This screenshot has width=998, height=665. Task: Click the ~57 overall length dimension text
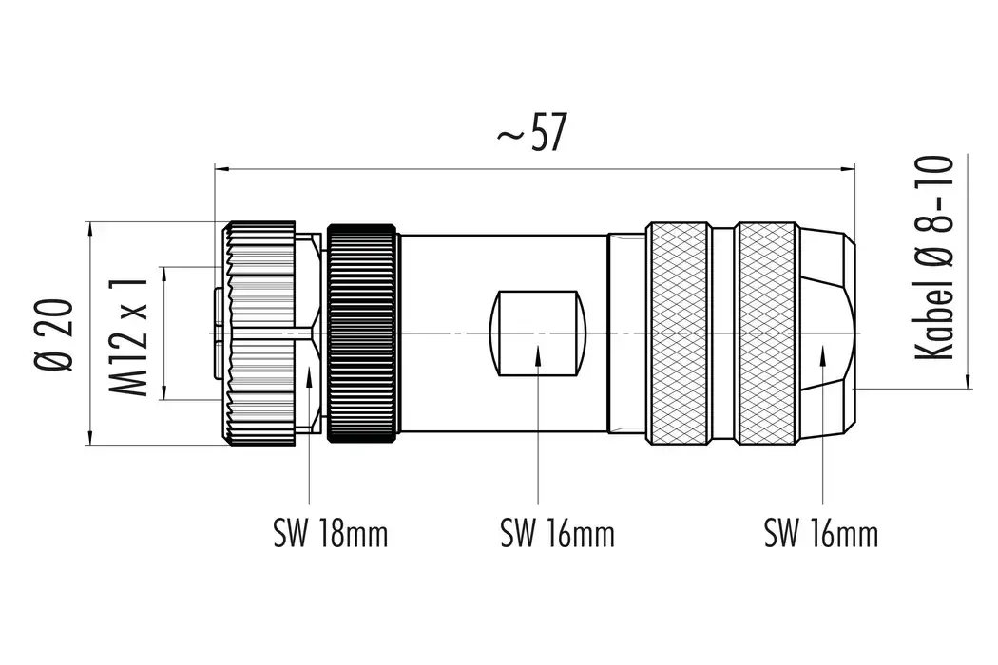pyautogui.click(x=531, y=136)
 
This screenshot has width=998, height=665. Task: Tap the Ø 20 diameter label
pyautogui.click(x=55, y=333)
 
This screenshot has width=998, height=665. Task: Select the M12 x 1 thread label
pyautogui.click(x=129, y=333)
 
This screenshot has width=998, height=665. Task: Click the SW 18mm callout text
pyautogui.click(x=330, y=535)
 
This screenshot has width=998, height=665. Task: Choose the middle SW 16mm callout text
pyautogui.click(x=557, y=535)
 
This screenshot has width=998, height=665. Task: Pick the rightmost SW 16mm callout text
pyautogui.click(x=821, y=535)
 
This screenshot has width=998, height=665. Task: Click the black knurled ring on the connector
pyautogui.click(x=361, y=333)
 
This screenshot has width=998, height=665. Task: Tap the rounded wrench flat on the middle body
pyautogui.click(x=537, y=333)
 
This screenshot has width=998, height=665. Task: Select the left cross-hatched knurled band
pyautogui.click(x=678, y=333)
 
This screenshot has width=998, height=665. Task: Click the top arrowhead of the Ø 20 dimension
pyautogui.click(x=89, y=229)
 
